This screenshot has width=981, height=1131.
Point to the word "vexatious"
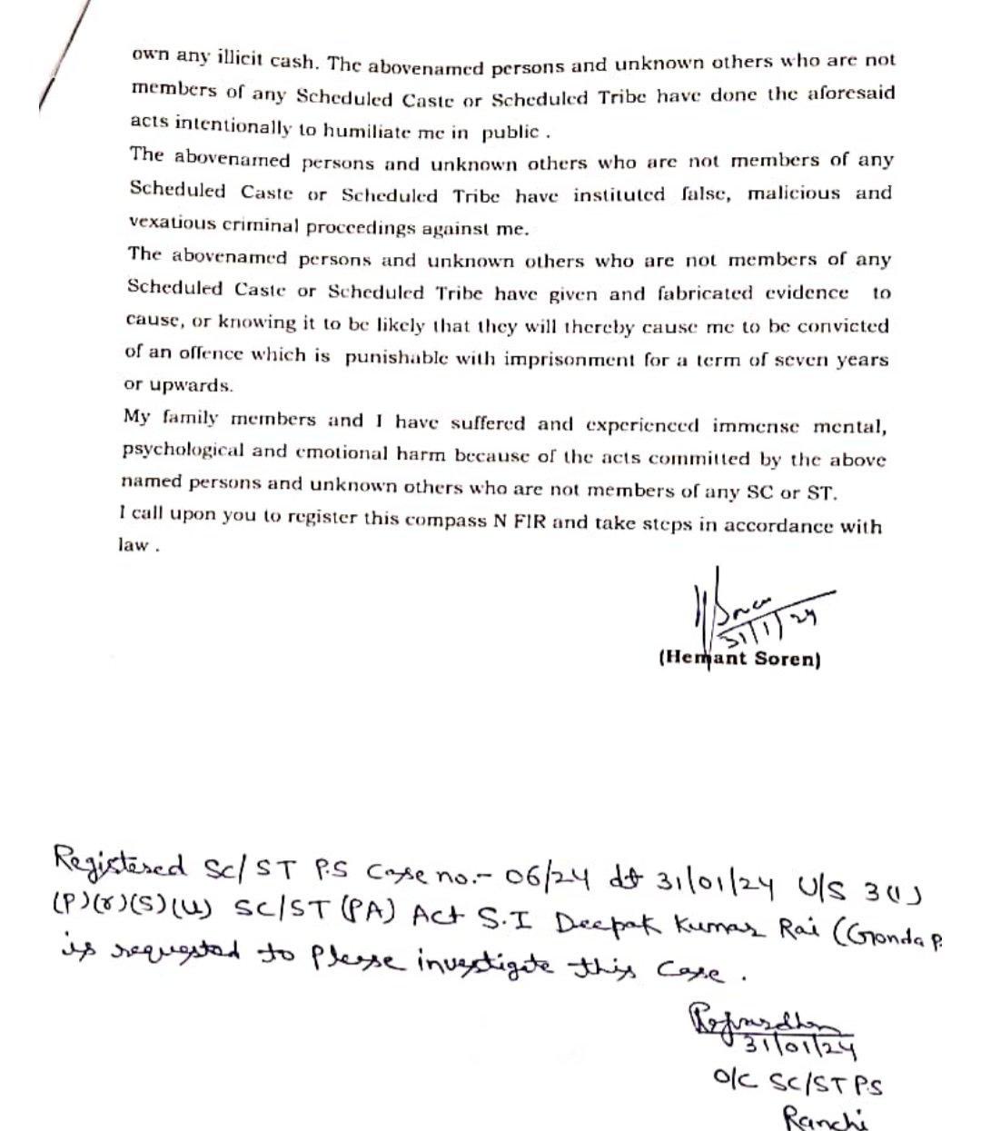click(173, 223)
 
